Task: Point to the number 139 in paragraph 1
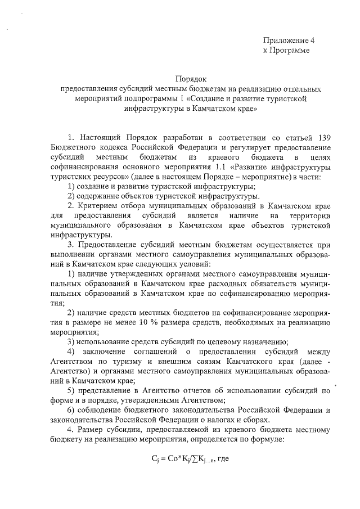click(321, 137)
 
